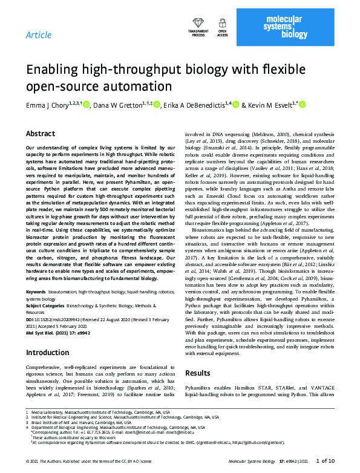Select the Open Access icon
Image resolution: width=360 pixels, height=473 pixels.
(x=222, y=27)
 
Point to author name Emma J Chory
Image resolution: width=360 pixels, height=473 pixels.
(x=48, y=105)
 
